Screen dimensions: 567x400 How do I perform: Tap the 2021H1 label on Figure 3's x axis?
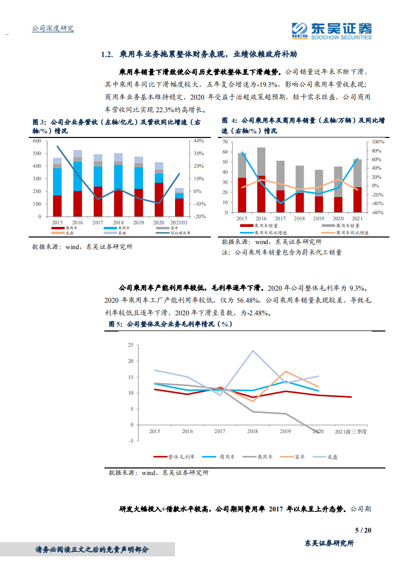click(x=179, y=222)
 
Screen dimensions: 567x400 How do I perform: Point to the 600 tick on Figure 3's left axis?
click(x=37, y=140)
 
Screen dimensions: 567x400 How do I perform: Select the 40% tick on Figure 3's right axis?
click(x=198, y=140)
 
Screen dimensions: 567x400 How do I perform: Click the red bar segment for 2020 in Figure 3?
click(x=158, y=200)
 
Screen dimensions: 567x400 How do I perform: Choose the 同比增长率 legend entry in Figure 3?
click(x=170, y=233)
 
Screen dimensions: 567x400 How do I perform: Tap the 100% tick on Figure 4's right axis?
click(x=378, y=142)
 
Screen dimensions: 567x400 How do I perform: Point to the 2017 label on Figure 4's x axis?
click(x=280, y=218)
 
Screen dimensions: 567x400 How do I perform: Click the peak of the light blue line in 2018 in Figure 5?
click(x=253, y=351)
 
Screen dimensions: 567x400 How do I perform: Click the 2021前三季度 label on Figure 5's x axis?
click(x=352, y=432)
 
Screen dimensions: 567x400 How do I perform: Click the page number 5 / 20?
click(x=363, y=530)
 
